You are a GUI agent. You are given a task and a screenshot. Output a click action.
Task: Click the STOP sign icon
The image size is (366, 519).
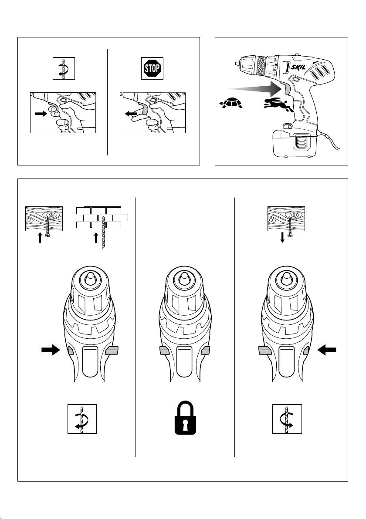coord(152,68)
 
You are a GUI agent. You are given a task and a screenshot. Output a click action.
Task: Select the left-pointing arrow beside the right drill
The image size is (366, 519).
coord(328,349)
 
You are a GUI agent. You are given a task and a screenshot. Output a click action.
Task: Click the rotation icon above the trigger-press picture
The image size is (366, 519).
coord(64,68)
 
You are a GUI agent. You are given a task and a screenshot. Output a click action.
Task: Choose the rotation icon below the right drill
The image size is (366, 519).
coord(287,419)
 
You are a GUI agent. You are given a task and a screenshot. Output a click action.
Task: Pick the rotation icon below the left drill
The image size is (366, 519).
coord(82,419)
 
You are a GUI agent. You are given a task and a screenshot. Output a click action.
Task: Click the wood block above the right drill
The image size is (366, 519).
coord(285,218)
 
